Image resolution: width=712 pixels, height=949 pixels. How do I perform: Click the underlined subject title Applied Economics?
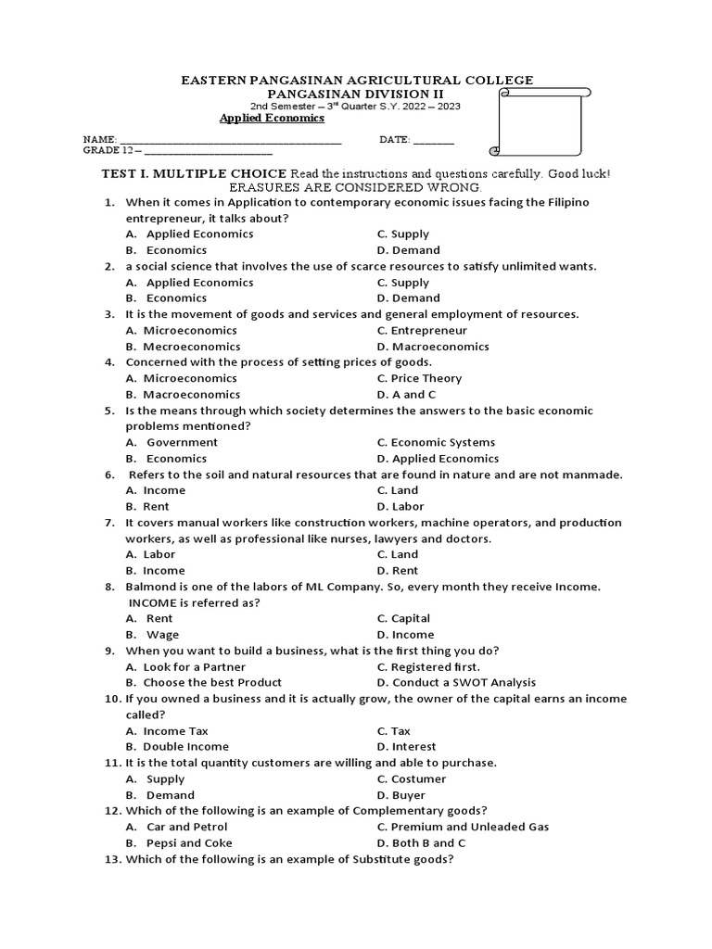(272, 119)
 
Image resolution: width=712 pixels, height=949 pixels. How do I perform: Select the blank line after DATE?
(434, 142)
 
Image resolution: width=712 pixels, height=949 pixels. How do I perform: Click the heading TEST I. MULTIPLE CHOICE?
(195, 174)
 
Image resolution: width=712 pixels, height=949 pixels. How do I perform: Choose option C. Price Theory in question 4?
(419, 378)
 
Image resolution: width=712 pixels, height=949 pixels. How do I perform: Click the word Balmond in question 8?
(152, 587)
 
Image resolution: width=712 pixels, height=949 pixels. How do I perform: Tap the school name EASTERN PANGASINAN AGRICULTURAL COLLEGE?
(355, 81)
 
